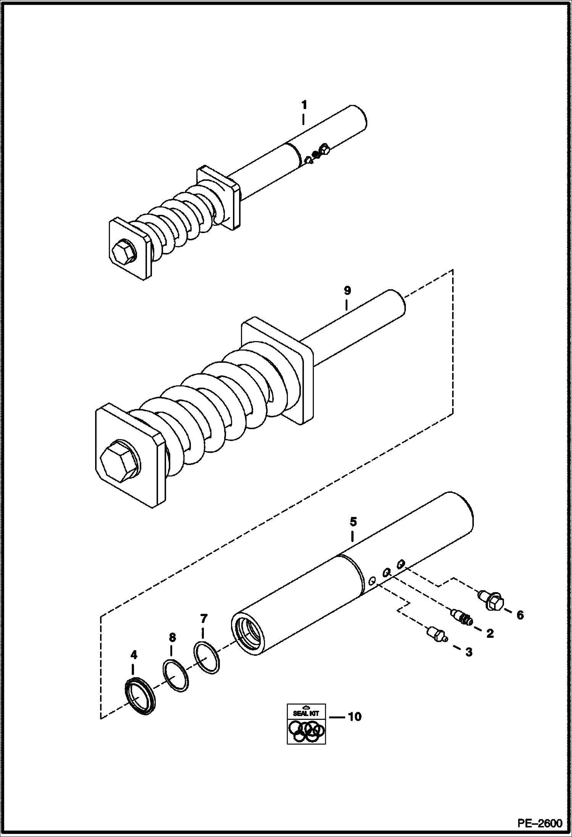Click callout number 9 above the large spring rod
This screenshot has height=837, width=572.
pyautogui.click(x=347, y=291)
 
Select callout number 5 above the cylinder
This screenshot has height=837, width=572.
pyautogui.click(x=353, y=521)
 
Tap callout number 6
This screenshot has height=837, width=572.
pyautogui.click(x=520, y=615)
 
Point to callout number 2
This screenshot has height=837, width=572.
pyautogui.click(x=490, y=634)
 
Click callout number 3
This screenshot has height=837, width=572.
pyautogui.click(x=469, y=652)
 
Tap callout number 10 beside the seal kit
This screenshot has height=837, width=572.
pyautogui.click(x=354, y=717)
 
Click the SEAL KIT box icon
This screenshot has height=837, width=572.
pyautogui.click(x=306, y=724)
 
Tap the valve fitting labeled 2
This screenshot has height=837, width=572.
pyautogui.click(x=462, y=617)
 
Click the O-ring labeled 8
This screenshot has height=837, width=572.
pyautogui.click(x=176, y=675)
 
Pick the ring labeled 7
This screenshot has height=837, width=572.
pyautogui.click(x=207, y=658)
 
